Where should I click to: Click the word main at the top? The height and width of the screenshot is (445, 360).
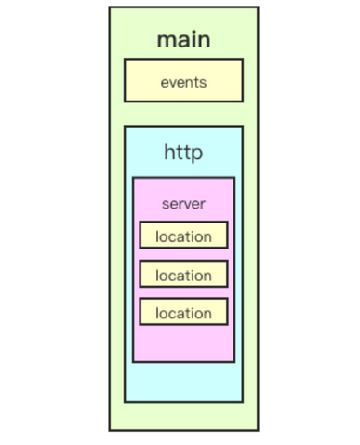[x=183, y=39]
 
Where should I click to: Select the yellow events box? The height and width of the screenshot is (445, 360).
[x=183, y=81]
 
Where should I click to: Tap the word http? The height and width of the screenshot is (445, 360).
[x=183, y=152]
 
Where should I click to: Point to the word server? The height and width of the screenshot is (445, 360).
[x=183, y=204]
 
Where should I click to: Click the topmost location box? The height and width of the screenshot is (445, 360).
[x=183, y=236]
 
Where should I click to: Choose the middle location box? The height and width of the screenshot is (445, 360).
[x=183, y=275]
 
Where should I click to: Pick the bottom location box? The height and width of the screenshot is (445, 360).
[x=183, y=313]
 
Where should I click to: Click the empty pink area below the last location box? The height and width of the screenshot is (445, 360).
[x=183, y=344]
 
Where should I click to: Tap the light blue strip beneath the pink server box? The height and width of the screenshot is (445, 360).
[x=183, y=382]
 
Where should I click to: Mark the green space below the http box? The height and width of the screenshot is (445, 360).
[x=183, y=416]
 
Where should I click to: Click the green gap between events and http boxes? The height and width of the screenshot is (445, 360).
[x=183, y=114]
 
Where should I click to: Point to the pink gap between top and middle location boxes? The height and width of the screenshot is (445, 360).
[x=183, y=255]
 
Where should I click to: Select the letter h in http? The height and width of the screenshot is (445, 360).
[x=169, y=152]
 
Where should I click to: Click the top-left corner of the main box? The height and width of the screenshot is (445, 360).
[x=110, y=7]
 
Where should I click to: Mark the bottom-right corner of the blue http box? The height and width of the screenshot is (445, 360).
[x=242, y=401]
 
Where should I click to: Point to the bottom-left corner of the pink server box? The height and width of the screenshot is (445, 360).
[x=134, y=361]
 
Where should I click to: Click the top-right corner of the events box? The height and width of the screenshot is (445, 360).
[x=242, y=60]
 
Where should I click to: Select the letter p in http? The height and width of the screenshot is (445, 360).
[x=197, y=154]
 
